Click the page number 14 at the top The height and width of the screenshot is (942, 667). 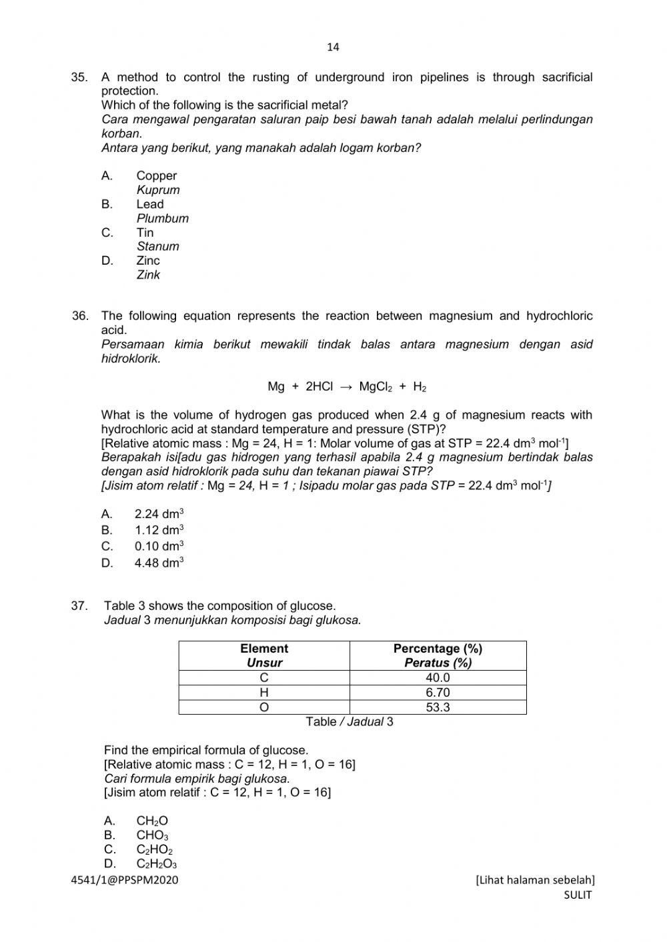[x=333, y=47]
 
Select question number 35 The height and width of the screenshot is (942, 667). [x=79, y=77]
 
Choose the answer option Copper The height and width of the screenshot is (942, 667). [x=156, y=175]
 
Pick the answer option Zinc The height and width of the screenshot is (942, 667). [x=148, y=261]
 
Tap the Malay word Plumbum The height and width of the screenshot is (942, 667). [x=162, y=218]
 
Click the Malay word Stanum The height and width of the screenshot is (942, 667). [x=157, y=246]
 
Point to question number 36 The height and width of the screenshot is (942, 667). [x=80, y=316]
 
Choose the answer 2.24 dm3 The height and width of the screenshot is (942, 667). [x=159, y=513]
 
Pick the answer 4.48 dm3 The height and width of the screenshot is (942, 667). [x=159, y=563]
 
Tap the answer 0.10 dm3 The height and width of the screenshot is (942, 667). [x=159, y=546]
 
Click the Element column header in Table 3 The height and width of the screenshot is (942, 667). [x=264, y=649]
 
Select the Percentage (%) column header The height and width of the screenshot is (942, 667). [x=438, y=649]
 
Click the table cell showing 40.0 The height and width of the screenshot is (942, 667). [x=438, y=677]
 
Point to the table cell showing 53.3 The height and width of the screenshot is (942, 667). [x=438, y=707]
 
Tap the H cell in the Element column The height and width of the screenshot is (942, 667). [x=264, y=693]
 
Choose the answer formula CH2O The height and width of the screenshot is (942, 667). [x=152, y=821]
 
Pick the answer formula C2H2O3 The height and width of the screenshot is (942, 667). [x=156, y=864]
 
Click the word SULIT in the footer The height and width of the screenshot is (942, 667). [x=577, y=895]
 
